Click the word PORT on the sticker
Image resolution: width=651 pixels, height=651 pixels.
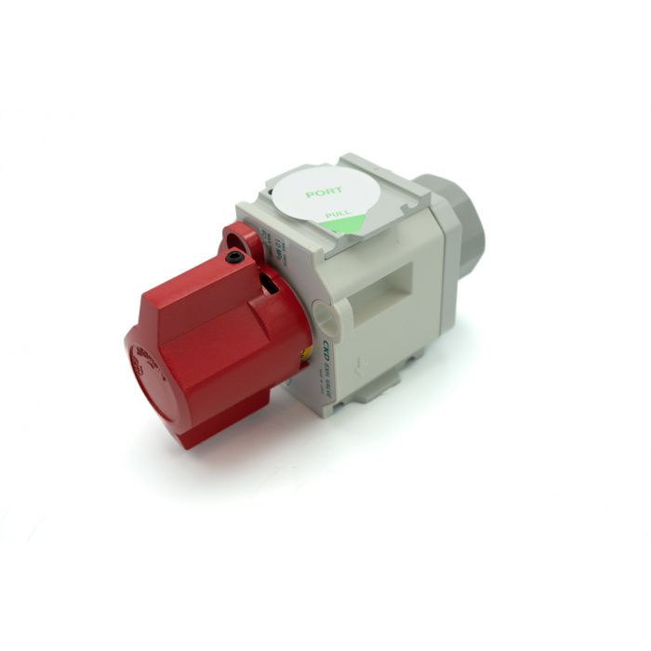[x=324, y=192]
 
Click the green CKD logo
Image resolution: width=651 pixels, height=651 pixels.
[x=327, y=353]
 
